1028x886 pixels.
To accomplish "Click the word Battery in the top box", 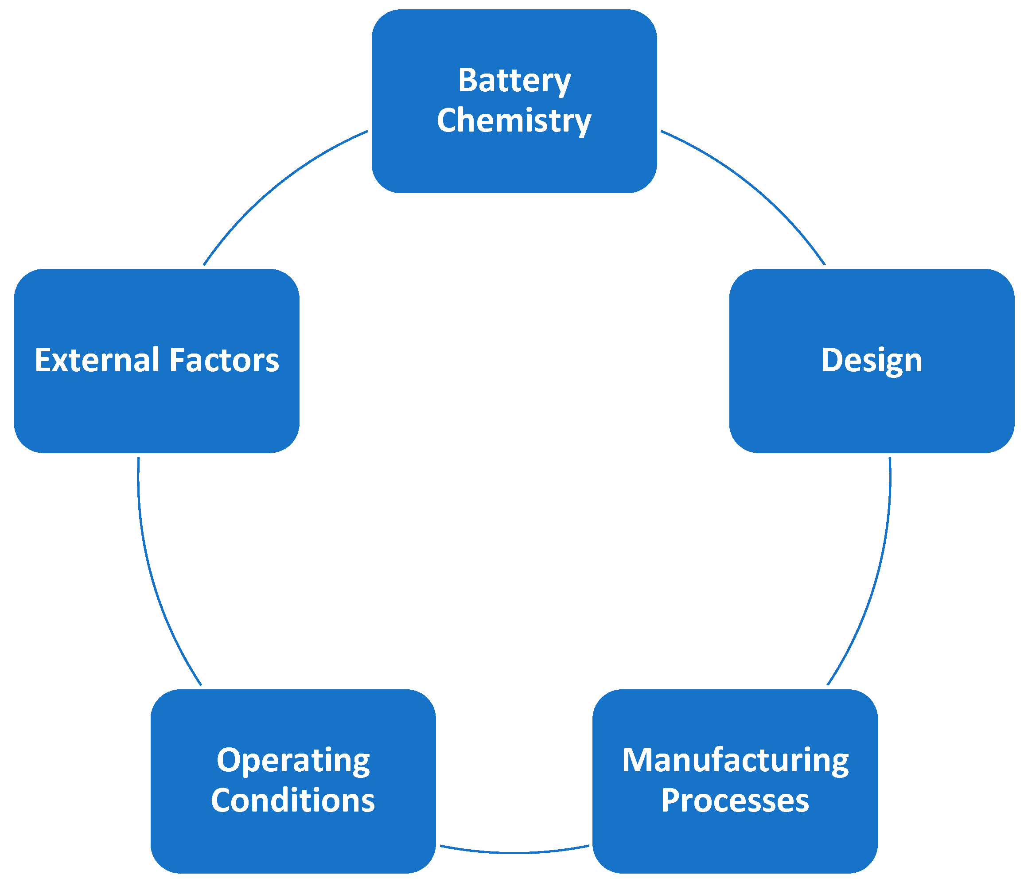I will click(x=514, y=80).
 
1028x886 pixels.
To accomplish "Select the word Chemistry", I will click(x=514, y=120).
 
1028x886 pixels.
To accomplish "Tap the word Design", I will click(x=872, y=360).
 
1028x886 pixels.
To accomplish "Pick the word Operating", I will click(x=293, y=761).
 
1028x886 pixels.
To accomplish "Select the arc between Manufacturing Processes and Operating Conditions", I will click(x=514, y=853).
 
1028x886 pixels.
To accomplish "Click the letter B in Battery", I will click(x=467, y=80).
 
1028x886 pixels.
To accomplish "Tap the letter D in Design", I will click(x=832, y=360).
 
